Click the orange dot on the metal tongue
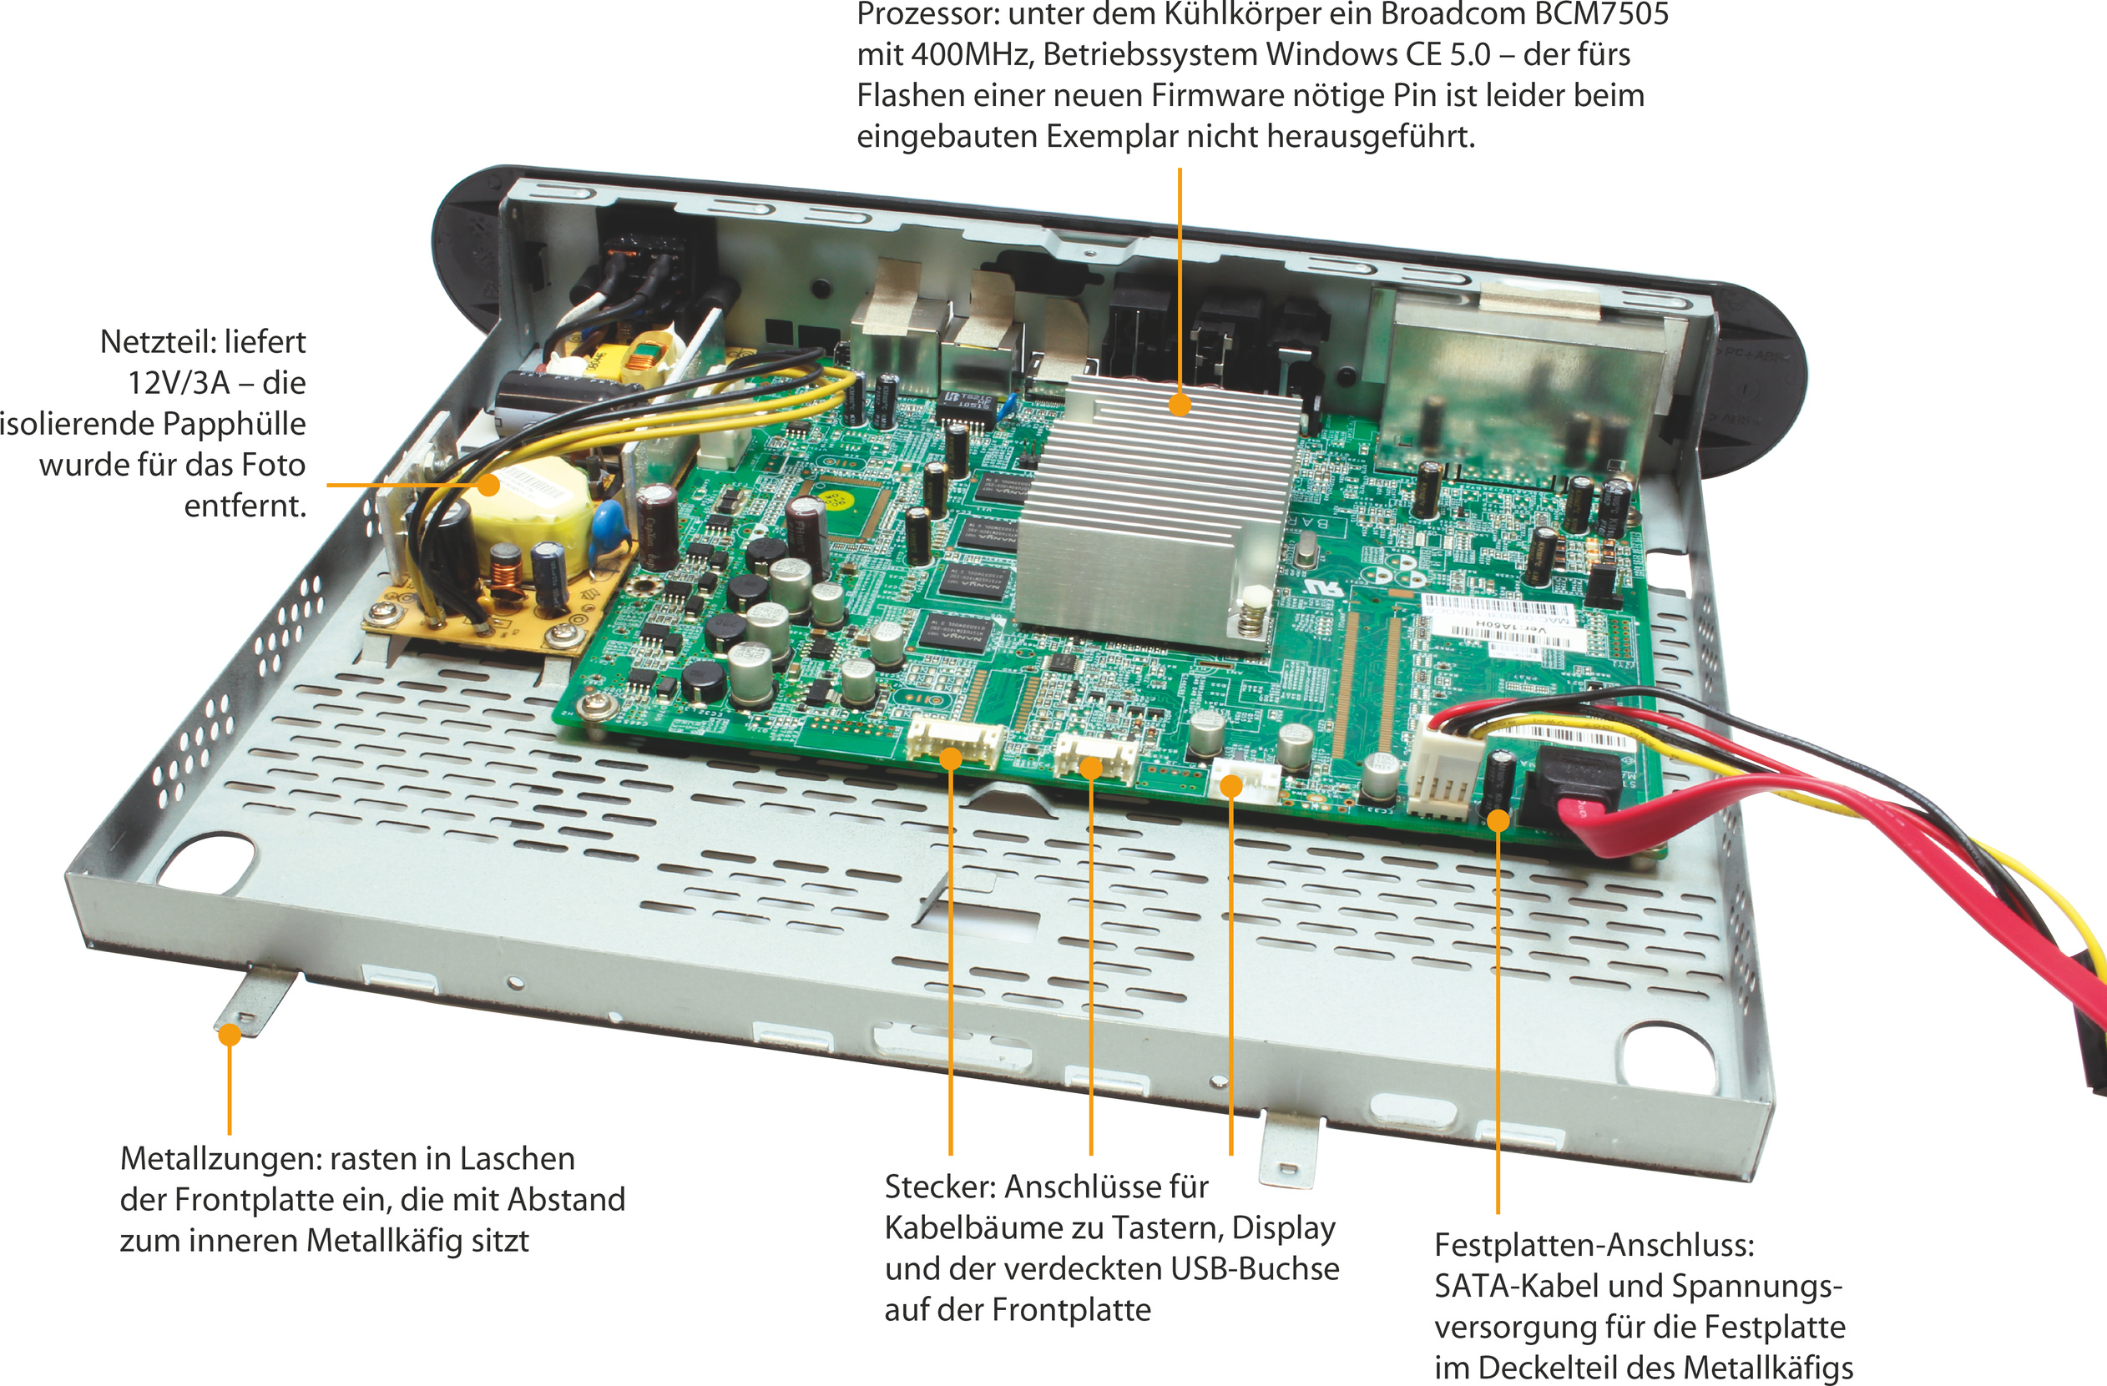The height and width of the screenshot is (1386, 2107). tap(230, 1034)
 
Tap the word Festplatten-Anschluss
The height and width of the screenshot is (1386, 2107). tap(1594, 1245)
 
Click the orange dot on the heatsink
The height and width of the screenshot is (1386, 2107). tap(1180, 405)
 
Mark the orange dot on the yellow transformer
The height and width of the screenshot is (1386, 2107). tap(488, 485)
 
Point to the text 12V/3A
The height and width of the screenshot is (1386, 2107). tap(178, 383)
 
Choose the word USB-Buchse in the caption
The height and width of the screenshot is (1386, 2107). tap(1255, 1269)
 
